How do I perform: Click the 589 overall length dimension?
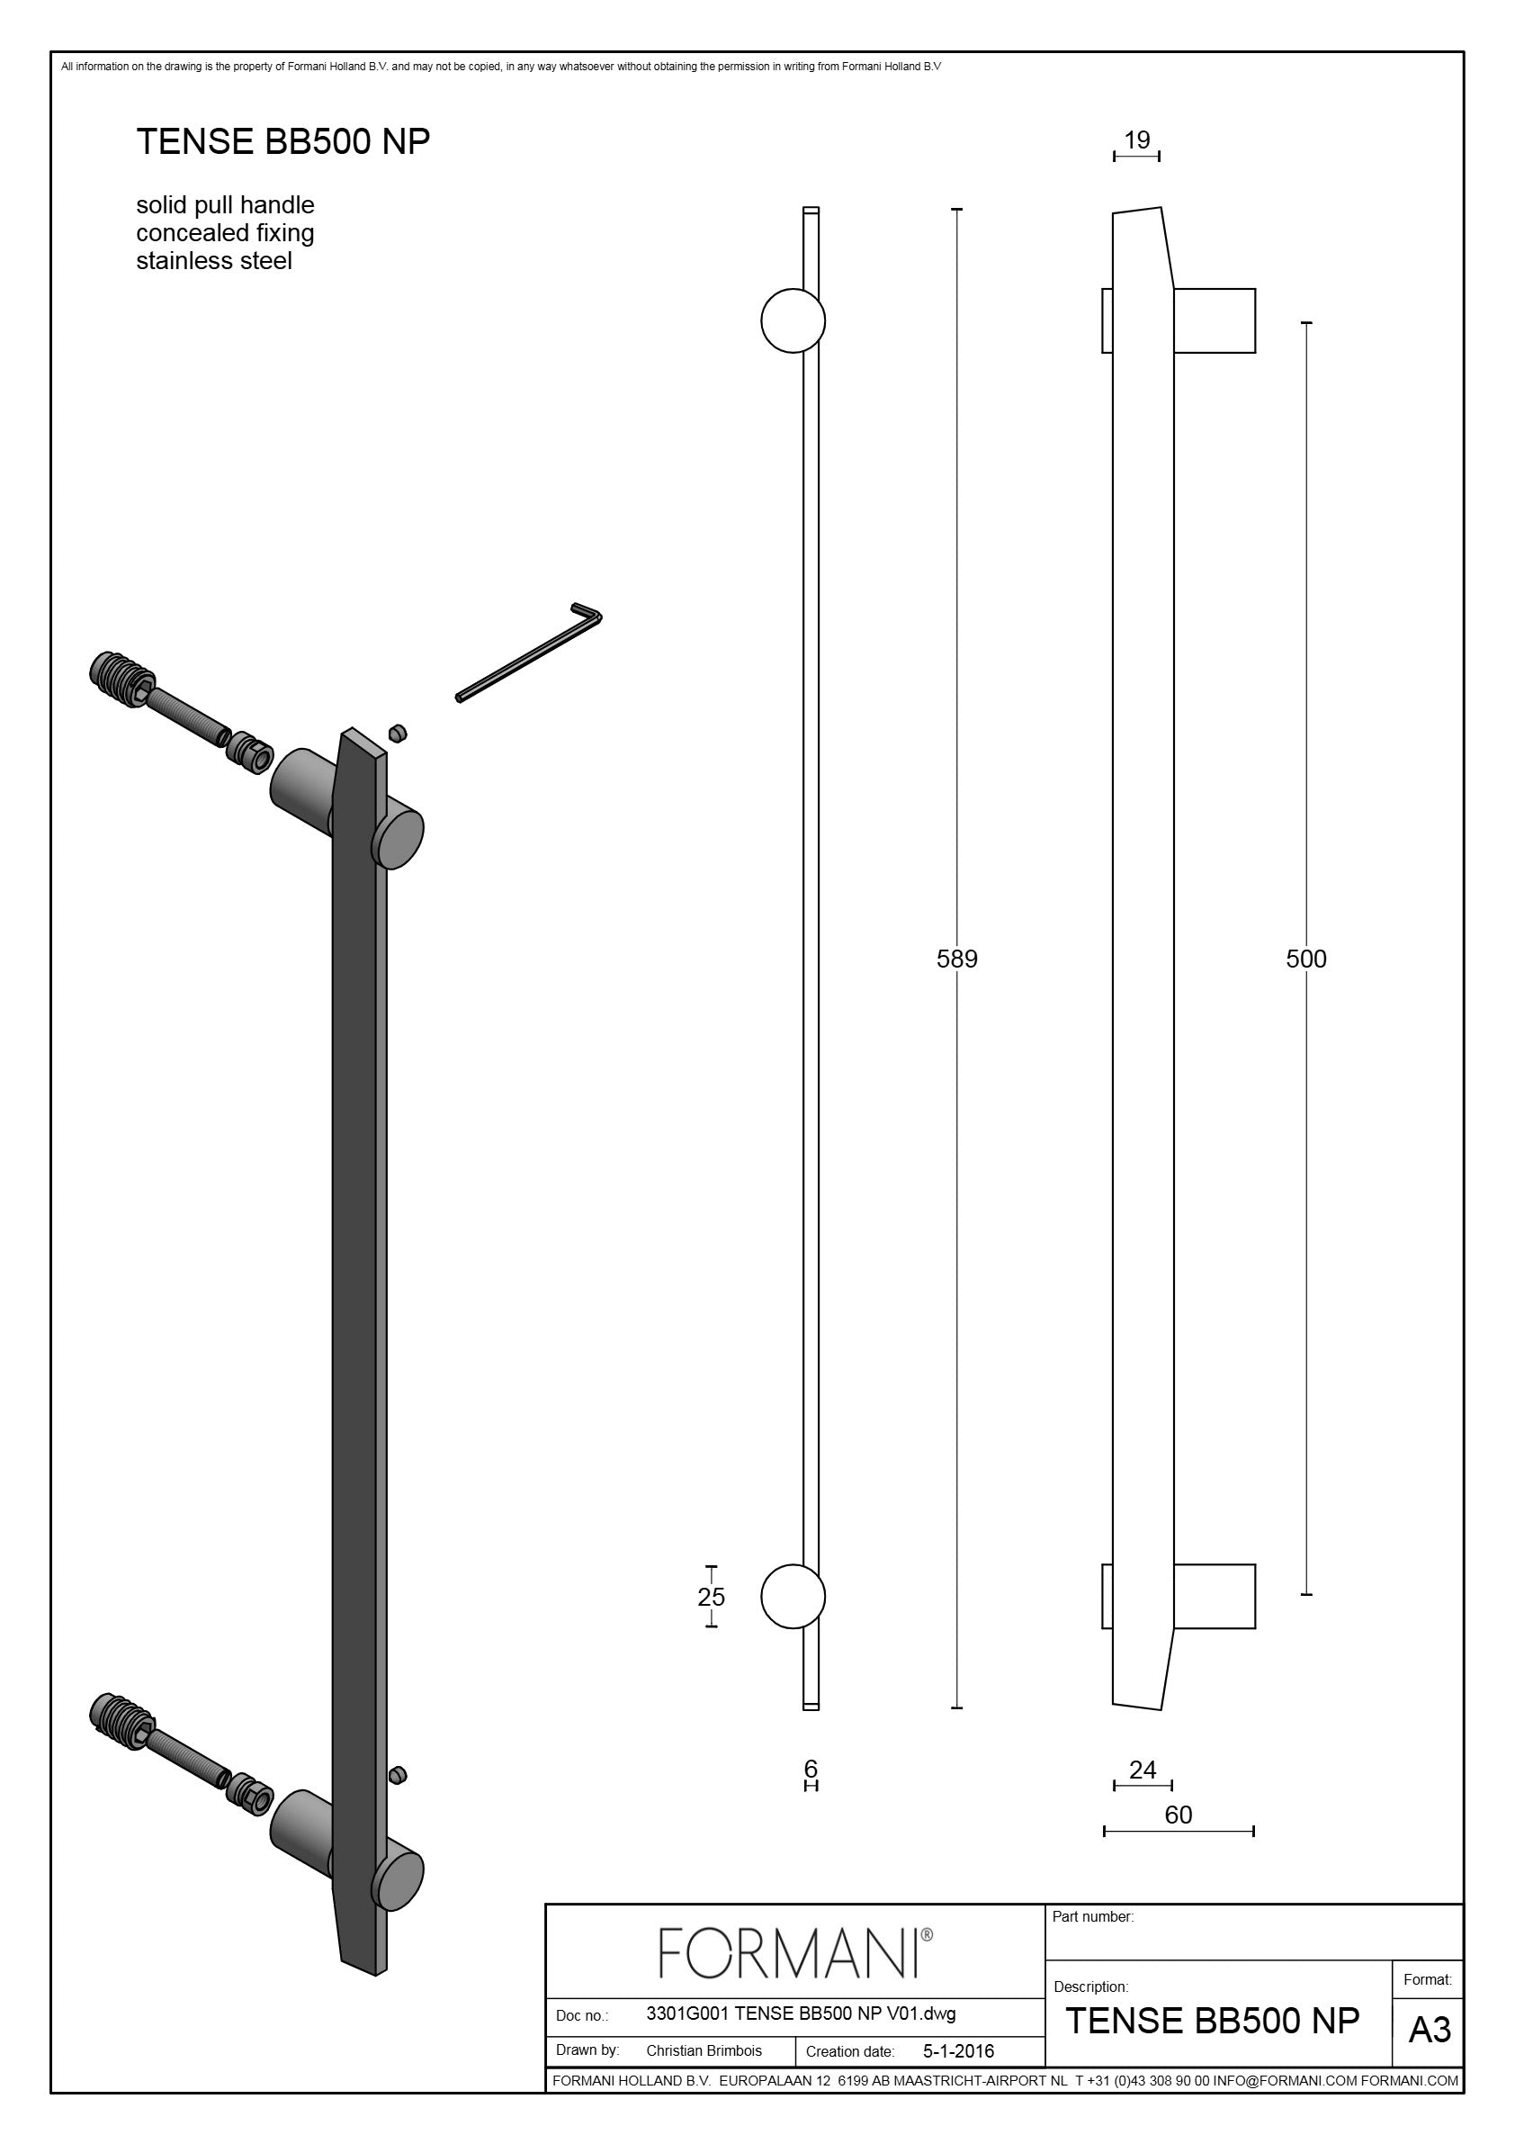(957, 958)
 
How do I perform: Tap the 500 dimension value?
(1306, 958)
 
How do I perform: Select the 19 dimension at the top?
(1137, 140)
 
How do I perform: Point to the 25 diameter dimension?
(712, 1597)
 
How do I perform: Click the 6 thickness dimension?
(811, 1768)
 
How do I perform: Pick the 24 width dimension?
(1143, 1770)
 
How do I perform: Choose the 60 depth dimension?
(1178, 1815)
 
